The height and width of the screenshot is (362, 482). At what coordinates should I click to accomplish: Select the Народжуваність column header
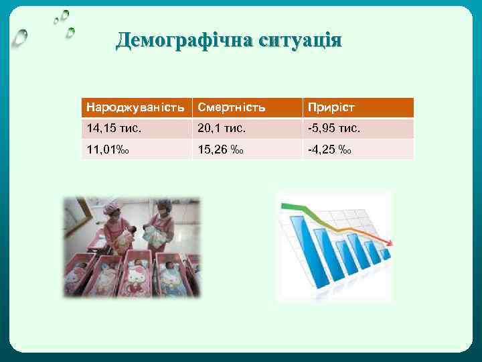[x=134, y=107]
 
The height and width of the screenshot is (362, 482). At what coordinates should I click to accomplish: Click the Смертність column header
[x=232, y=107]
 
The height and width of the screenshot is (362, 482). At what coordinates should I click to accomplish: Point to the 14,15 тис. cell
[x=115, y=128]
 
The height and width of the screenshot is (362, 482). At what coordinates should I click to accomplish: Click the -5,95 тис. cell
[x=333, y=128]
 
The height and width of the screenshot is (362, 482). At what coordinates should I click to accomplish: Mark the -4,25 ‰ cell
[x=328, y=149]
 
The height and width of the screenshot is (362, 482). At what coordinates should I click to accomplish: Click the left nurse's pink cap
[x=114, y=213]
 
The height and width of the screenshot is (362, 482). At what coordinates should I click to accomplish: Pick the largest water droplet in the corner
[x=21, y=38]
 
